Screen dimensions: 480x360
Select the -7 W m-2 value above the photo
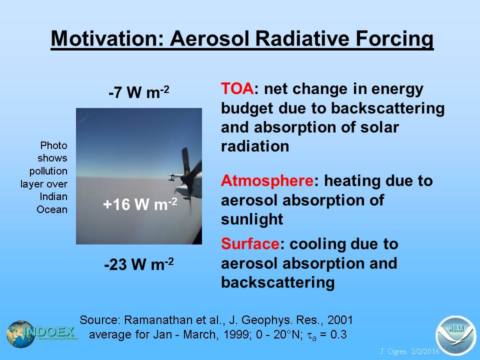pos(138,92)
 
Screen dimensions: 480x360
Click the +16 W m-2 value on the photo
pos(140,204)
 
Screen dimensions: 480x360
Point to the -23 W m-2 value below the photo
pos(139,264)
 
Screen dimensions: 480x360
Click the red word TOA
pos(237,89)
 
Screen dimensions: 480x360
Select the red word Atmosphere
pos(267,180)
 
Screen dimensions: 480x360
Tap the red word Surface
pos(250,244)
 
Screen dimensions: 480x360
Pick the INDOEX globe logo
pos(21,334)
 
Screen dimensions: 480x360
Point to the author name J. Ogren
pos(393,351)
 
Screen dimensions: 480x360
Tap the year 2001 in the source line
pos(340,320)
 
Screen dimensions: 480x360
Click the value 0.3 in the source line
pos(338,334)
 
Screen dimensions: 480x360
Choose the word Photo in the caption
pos(53,145)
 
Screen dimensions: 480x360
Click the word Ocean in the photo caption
pos(51,209)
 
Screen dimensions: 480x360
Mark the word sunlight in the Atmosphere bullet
pos(252,219)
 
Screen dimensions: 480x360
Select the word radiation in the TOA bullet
pos(255,146)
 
